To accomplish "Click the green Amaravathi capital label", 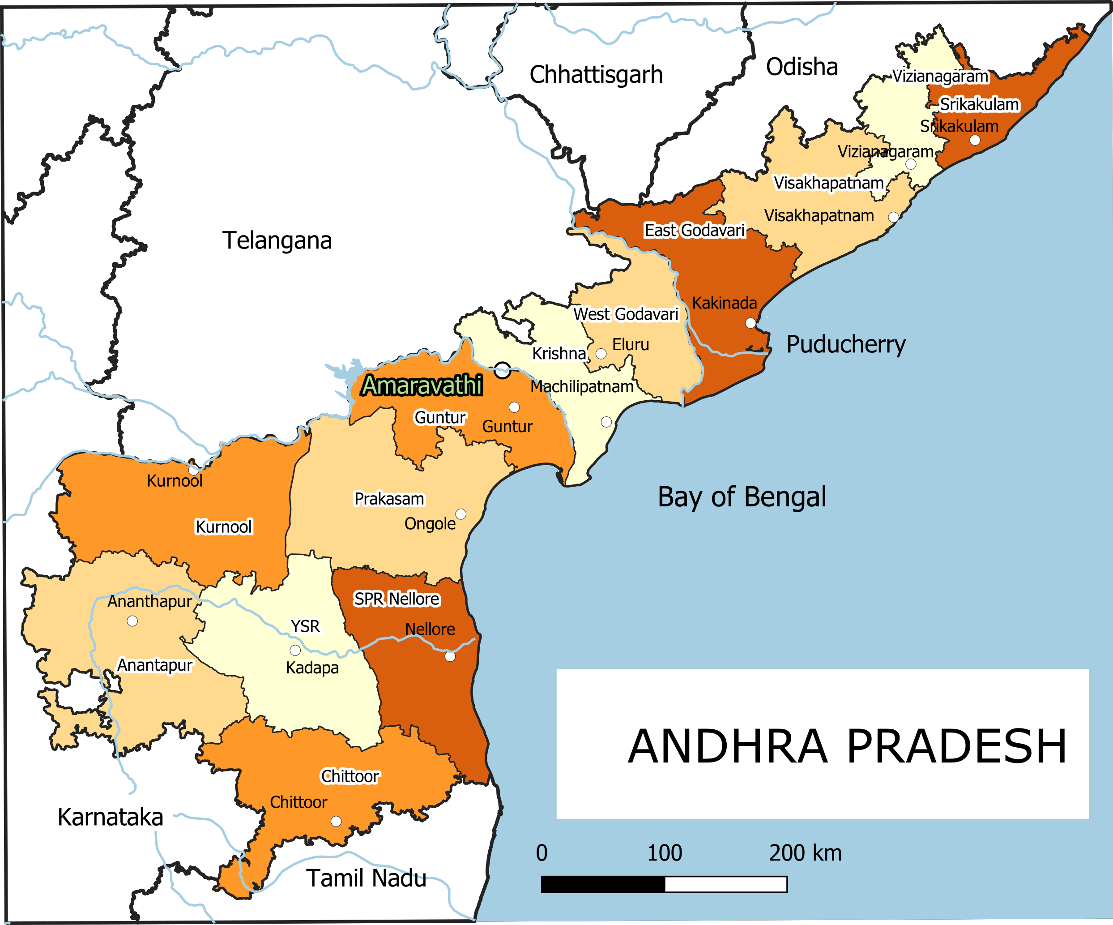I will [x=422, y=385].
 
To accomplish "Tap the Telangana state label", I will [x=277, y=241].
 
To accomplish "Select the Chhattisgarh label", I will [x=596, y=75].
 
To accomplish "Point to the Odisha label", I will [x=802, y=67].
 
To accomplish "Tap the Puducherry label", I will [x=846, y=345].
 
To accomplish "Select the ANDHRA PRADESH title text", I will [x=847, y=746].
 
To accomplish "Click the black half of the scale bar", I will [x=603, y=884].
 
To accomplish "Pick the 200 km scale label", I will [x=805, y=853].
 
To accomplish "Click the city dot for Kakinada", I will [x=751, y=323].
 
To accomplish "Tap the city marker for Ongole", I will [x=461, y=514].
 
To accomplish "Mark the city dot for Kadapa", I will [x=295, y=650].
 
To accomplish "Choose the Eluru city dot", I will [x=601, y=354].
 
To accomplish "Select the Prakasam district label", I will [x=389, y=499].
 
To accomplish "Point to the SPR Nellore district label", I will [x=397, y=599].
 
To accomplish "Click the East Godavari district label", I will [x=694, y=231].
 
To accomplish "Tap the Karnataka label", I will [x=110, y=817].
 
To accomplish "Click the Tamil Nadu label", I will [x=366, y=878].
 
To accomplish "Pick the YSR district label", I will [x=305, y=626].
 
